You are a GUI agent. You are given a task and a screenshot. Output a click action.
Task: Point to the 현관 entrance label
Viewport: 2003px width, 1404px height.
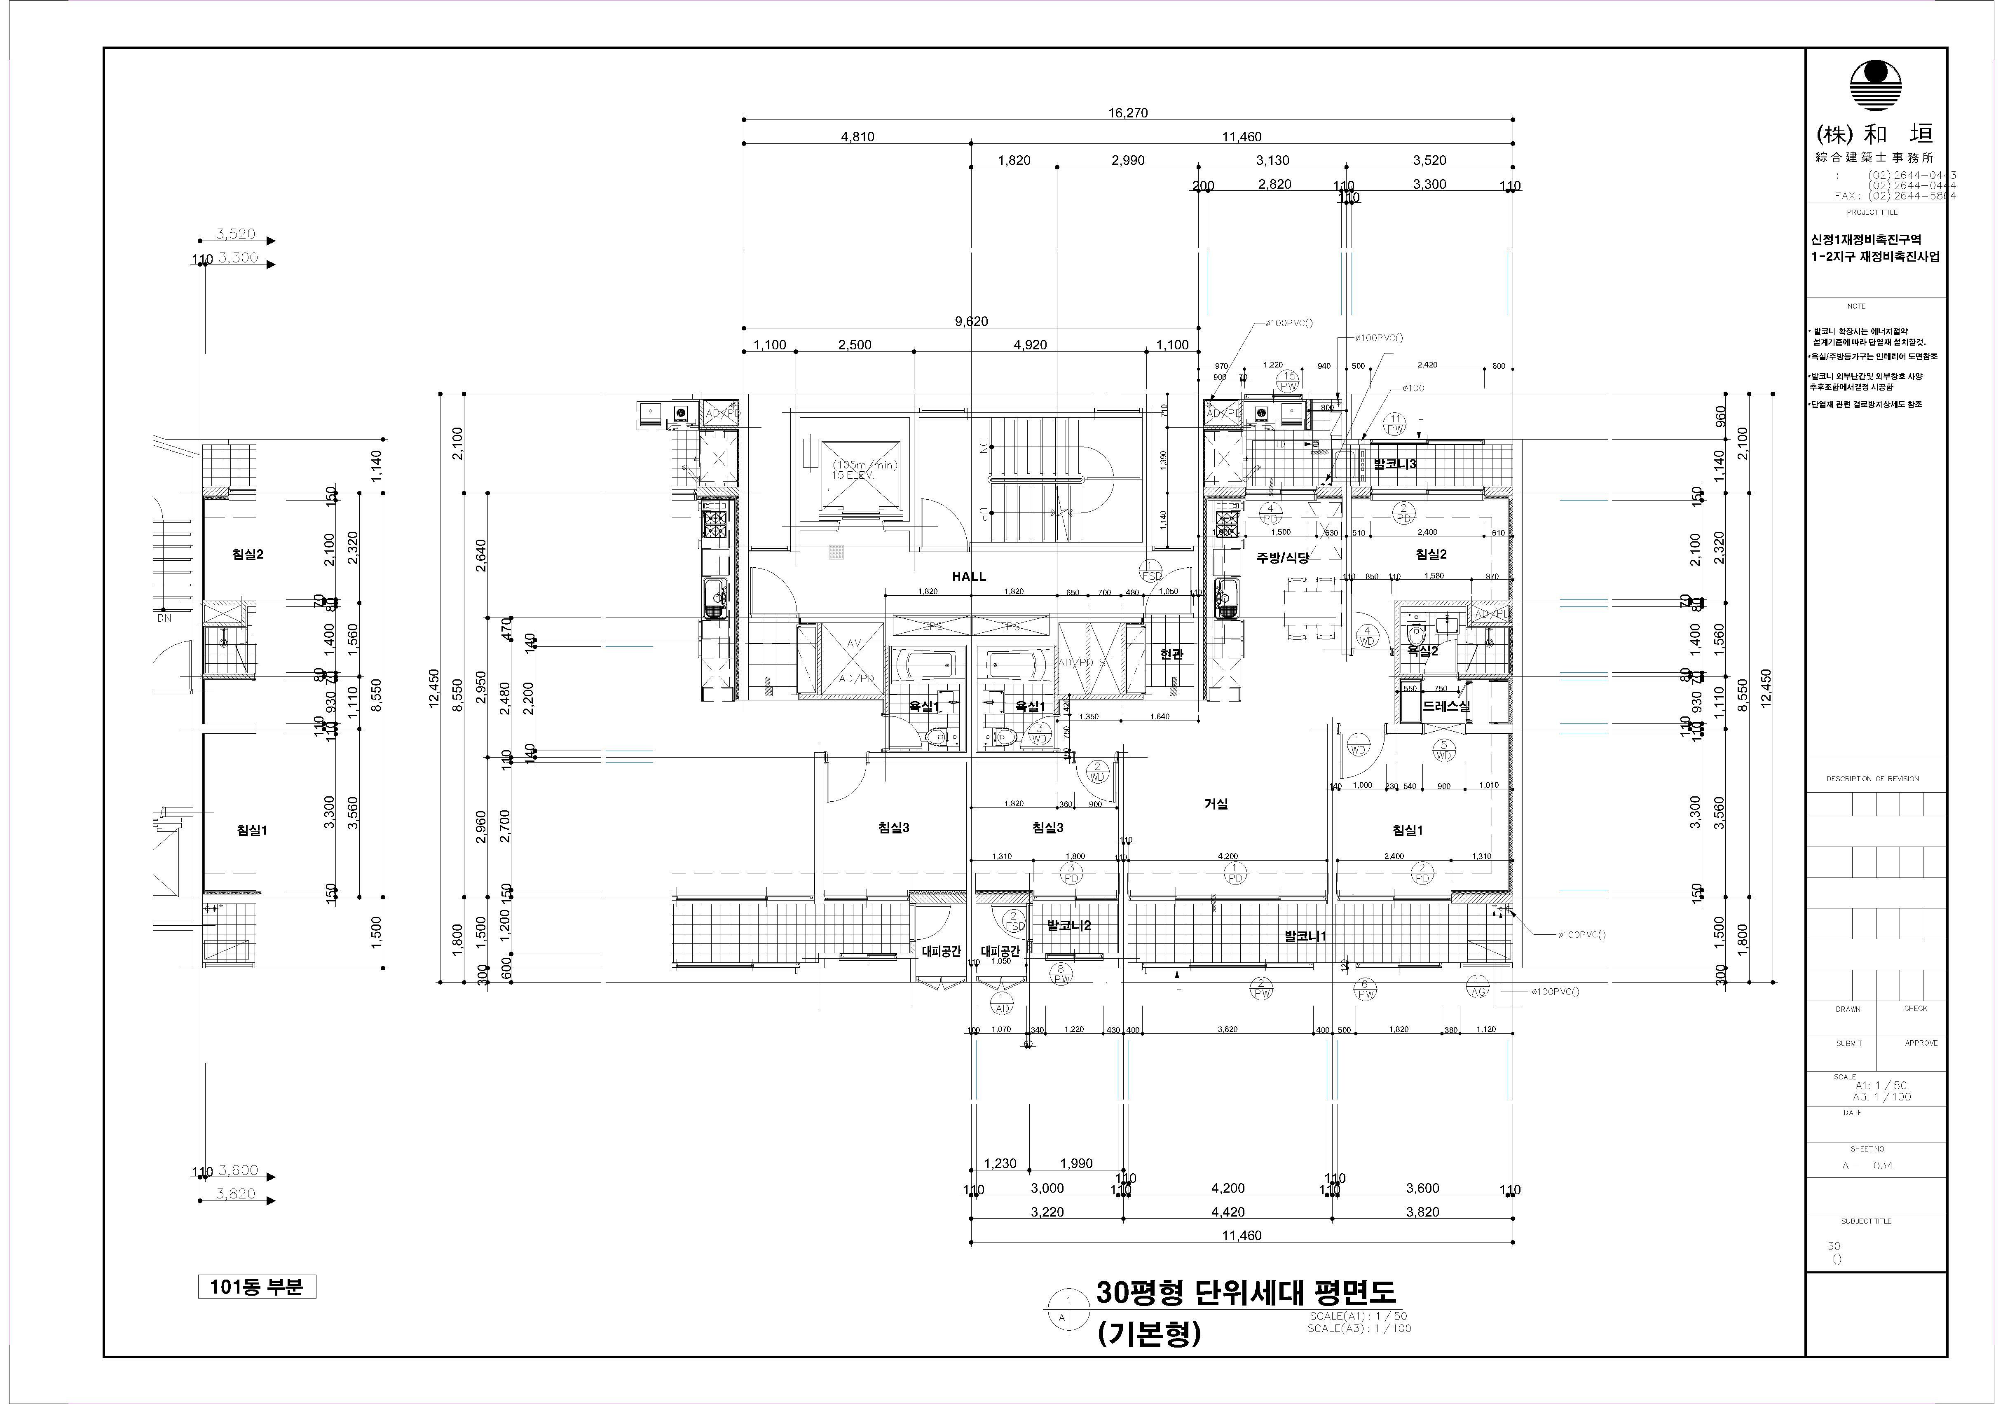pos(1171,654)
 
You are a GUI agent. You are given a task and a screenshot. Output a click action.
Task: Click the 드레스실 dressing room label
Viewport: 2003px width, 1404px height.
pos(1446,707)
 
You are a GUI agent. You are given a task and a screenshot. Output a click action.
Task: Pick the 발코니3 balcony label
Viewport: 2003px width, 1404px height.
pos(1395,464)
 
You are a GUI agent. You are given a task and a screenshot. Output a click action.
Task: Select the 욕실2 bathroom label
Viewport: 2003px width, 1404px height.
pos(1422,651)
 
